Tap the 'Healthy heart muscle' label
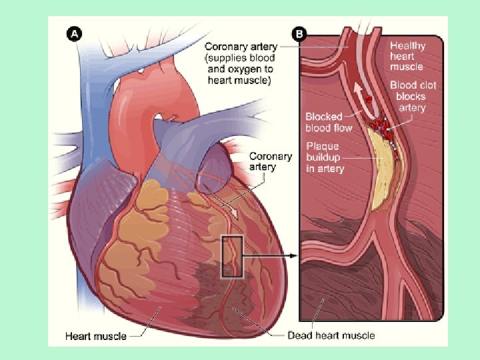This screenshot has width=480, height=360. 407,56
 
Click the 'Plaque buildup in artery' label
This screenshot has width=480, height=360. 325,157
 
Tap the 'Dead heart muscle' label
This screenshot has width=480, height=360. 331,335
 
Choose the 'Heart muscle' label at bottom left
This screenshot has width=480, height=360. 96,335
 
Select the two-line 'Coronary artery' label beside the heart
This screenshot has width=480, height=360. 270,161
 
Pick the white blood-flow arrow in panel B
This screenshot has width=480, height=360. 361,94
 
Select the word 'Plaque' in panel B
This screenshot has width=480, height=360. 322,146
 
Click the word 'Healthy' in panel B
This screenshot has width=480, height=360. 407,45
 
